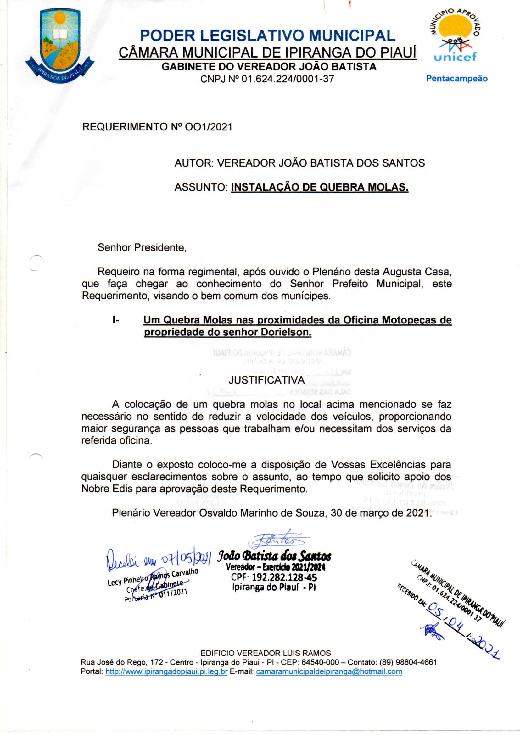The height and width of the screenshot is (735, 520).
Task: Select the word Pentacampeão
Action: click(x=456, y=79)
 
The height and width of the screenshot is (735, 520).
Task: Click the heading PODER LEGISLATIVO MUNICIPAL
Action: click(x=267, y=35)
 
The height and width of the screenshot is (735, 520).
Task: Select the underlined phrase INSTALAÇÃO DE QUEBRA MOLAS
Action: click(x=319, y=187)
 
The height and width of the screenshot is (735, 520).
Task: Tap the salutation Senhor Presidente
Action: click(x=142, y=247)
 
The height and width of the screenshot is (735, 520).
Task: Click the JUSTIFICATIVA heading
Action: click(x=266, y=380)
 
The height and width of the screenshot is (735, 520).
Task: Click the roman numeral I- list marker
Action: click(x=115, y=320)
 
